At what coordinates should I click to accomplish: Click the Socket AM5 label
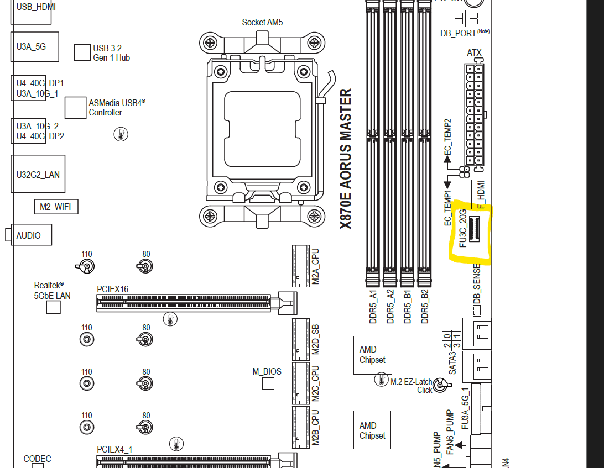click(x=262, y=23)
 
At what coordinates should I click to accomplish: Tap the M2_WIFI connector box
click(x=56, y=207)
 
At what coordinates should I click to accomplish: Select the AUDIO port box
click(x=31, y=235)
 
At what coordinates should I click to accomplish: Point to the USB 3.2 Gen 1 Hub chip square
click(x=82, y=52)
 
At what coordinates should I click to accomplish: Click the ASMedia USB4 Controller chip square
click(x=76, y=108)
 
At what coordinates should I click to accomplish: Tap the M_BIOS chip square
click(x=268, y=383)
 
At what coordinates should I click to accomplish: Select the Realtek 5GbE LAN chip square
click(x=53, y=307)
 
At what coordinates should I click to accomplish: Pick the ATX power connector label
click(x=474, y=53)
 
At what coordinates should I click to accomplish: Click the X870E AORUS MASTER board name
click(x=346, y=159)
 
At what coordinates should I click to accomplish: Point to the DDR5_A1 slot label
click(x=373, y=307)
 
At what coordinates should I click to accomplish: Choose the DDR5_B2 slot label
click(x=425, y=307)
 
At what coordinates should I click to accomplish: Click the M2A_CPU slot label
click(x=316, y=266)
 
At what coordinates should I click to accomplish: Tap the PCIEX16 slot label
click(x=112, y=289)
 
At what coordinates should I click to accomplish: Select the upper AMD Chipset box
click(x=372, y=355)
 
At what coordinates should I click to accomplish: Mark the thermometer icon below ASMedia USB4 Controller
click(x=121, y=134)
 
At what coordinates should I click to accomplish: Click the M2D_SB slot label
click(x=316, y=340)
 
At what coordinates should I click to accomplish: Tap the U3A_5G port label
click(x=31, y=46)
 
